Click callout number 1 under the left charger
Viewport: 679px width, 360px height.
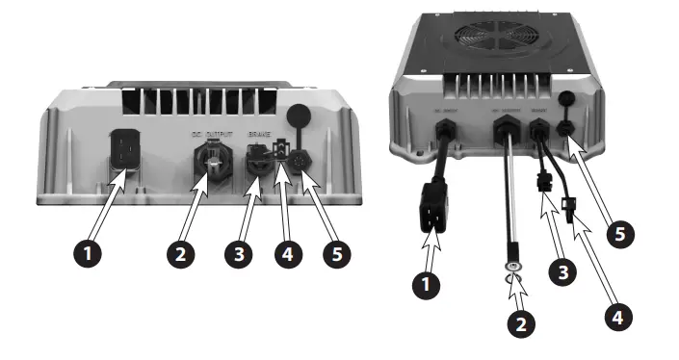90,255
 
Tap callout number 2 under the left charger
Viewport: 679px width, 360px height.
180,255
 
